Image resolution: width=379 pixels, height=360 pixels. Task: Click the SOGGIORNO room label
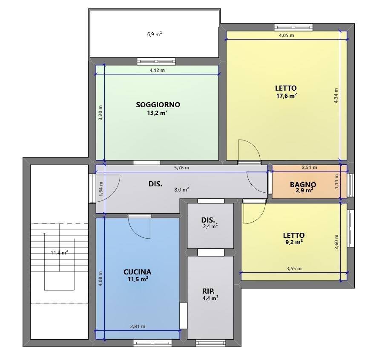[x=158, y=105]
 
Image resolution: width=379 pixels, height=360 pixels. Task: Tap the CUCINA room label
[x=137, y=272]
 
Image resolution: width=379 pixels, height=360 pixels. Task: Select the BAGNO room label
[x=303, y=185]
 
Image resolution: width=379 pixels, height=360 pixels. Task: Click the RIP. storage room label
[x=208, y=291]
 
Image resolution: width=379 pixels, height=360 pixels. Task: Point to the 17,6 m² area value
[x=287, y=96]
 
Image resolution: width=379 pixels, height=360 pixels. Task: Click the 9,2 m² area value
[x=294, y=242]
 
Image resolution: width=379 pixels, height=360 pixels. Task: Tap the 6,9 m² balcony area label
[x=155, y=34]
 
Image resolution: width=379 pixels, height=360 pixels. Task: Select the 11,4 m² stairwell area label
[x=59, y=253]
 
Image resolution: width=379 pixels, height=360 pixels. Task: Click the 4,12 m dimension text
[x=157, y=70]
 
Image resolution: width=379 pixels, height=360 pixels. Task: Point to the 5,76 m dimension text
[x=182, y=168]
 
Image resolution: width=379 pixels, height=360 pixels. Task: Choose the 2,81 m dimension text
[x=138, y=326]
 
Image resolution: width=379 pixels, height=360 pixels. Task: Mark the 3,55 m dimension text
[x=294, y=269]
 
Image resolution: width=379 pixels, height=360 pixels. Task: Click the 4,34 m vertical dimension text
[x=336, y=96]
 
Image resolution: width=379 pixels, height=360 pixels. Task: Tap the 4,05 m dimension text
[x=287, y=35]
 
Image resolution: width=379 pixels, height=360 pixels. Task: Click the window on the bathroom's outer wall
[x=350, y=185]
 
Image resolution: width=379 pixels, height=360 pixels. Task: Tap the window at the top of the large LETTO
[x=293, y=27]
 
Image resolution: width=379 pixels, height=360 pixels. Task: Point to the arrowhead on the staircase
[x=44, y=233]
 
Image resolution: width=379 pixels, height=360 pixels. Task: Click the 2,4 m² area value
[x=210, y=226]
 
